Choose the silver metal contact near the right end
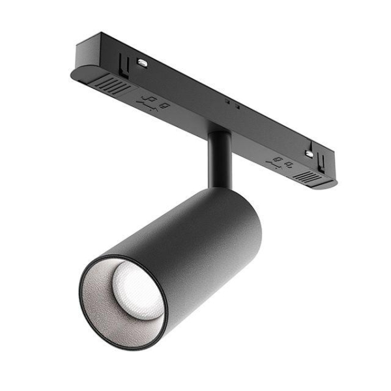click(x=309, y=153)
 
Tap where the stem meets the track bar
click(x=220, y=133)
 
